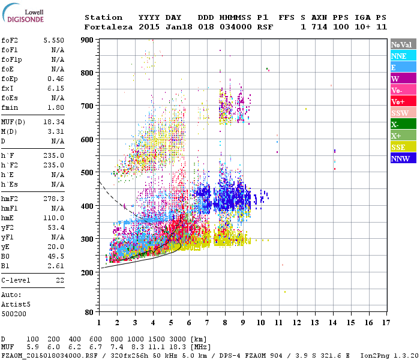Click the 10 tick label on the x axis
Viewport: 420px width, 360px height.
point(260,323)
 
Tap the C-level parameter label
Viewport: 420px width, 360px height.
point(16,280)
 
